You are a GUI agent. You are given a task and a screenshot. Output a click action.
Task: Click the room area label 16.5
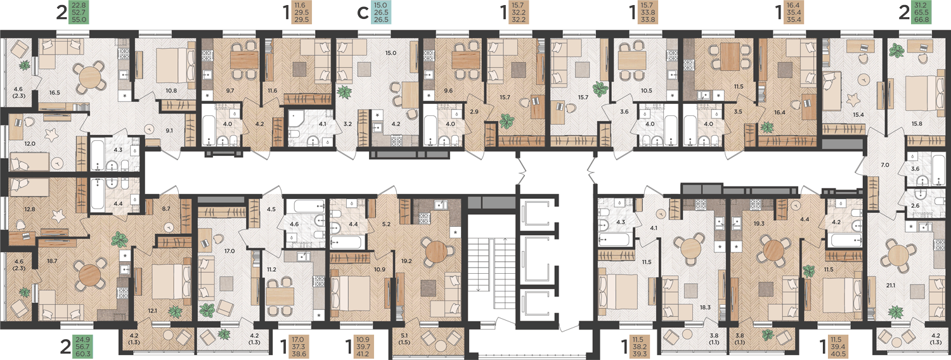(55, 93)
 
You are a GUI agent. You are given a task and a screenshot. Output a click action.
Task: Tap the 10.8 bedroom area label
(171, 91)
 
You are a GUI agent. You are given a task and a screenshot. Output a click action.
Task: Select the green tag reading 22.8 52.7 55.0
(79, 13)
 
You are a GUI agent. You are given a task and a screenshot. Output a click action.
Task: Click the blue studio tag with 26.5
(381, 13)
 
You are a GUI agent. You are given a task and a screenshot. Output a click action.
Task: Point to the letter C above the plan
(363, 13)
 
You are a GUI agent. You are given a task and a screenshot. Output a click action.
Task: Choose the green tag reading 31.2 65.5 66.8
(922, 13)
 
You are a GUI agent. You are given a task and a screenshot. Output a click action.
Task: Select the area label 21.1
(890, 286)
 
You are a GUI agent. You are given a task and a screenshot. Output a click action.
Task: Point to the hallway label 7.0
(885, 165)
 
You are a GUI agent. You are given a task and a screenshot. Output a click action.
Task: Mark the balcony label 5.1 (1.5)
(404, 339)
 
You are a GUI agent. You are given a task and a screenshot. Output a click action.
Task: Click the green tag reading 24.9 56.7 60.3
(83, 347)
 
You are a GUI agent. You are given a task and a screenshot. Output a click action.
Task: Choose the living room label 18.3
(705, 307)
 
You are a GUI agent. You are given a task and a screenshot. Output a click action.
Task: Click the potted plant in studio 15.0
(345, 92)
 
